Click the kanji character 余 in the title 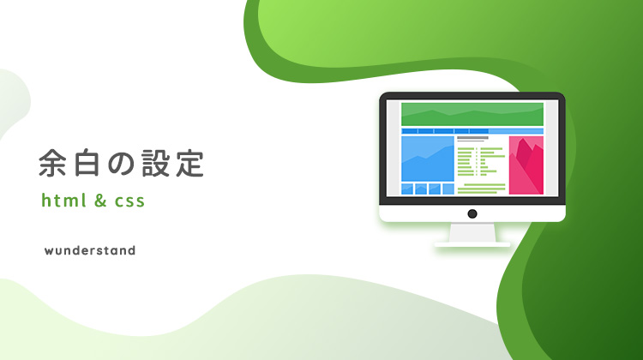coord(53,163)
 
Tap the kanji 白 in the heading coord(87,163)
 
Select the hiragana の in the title coord(122,163)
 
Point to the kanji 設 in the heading coord(156,163)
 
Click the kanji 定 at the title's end coord(190,163)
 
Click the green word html coord(64,201)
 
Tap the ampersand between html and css coord(100,201)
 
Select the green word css coord(129,201)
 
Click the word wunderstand coord(90,250)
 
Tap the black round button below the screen coord(472,213)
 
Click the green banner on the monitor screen coord(472,114)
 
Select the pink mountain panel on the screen coord(526,165)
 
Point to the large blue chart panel coord(428,159)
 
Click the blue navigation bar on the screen coord(472,131)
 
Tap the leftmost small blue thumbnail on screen coord(406,189)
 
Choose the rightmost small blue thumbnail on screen coord(448,189)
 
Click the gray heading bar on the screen coord(472,138)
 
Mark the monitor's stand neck coord(472,233)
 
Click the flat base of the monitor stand coord(472,245)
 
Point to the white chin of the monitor coord(472,213)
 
